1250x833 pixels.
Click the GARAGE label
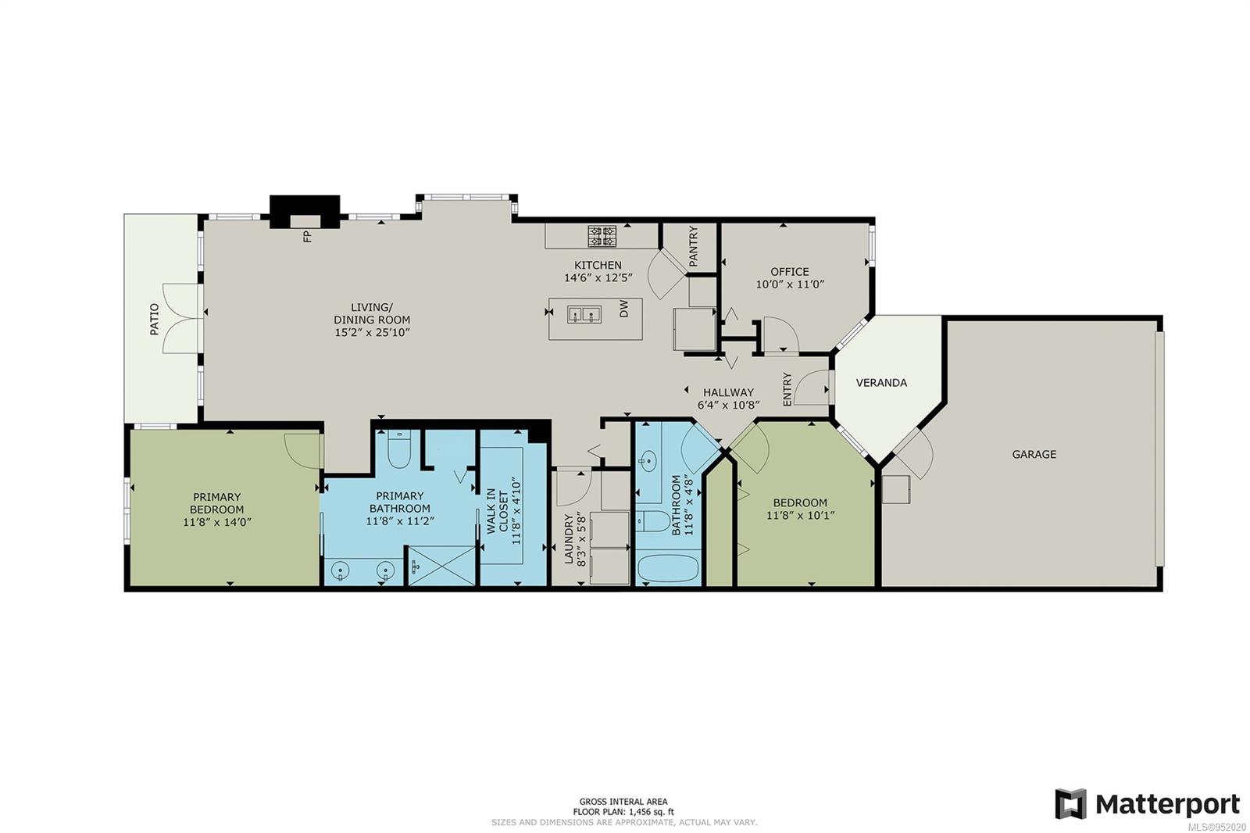[1034, 454]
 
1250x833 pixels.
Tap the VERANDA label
[881, 383]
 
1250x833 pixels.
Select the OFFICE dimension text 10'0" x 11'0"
[790, 285]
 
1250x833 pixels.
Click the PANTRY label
[693, 246]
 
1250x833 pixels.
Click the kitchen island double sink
[584, 314]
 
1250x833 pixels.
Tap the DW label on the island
[624, 311]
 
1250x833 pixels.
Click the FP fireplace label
[307, 236]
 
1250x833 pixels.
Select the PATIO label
[154, 320]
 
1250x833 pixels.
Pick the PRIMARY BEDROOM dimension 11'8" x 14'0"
[216, 522]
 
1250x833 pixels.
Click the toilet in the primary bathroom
[398, 449]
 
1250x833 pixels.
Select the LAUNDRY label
[569, 538]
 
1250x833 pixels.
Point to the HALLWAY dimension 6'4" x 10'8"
[727, 405]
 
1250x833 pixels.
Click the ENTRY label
[787, 389]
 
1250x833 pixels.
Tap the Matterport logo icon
[1070, 804]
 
